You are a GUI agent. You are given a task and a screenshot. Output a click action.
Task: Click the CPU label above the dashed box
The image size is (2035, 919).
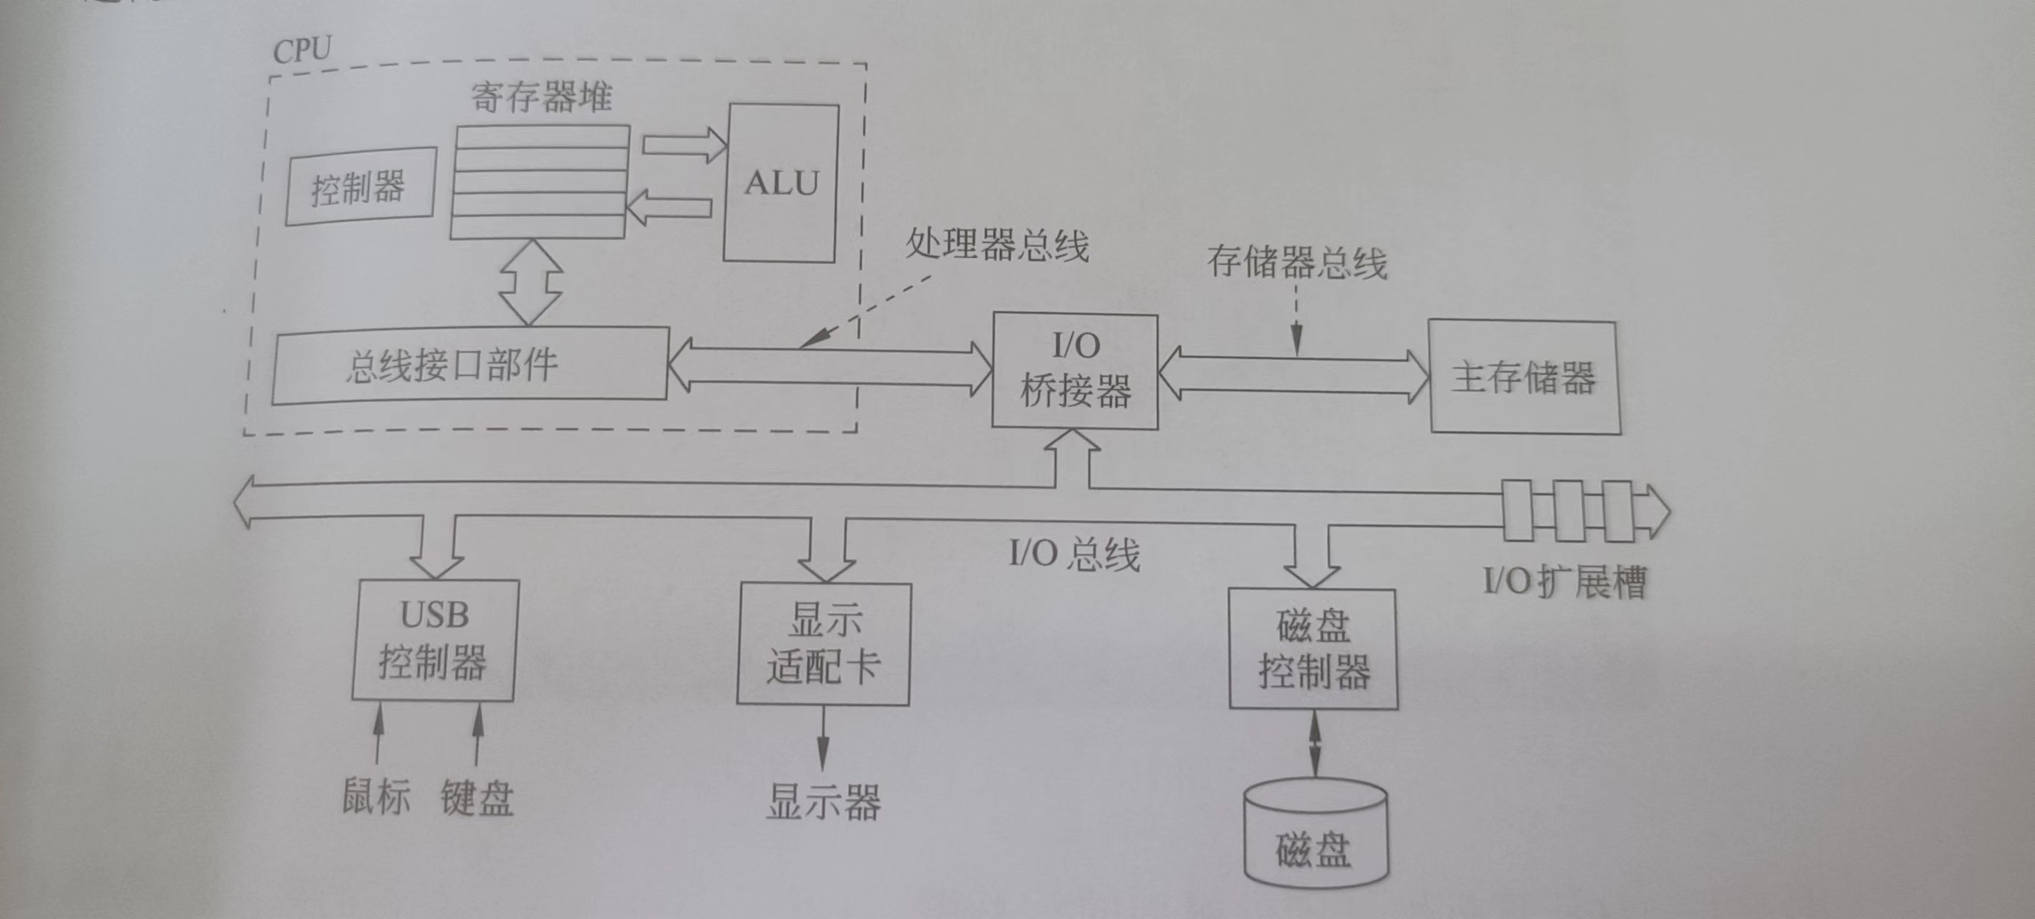click(302, 50)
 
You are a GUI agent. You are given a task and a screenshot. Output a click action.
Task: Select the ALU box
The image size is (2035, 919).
click(781, 182)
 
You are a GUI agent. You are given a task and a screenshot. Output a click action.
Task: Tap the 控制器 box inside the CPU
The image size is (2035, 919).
click(359, 187)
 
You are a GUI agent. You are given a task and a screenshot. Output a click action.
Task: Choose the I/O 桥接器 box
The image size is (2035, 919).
click(1075, 370)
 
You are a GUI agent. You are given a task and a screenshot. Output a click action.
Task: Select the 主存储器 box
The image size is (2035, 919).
click(1524, 377)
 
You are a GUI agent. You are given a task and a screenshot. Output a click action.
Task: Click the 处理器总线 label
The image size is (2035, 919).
click(997, 244)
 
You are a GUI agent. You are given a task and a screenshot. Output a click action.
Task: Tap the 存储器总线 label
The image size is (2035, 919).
click(1297, 262)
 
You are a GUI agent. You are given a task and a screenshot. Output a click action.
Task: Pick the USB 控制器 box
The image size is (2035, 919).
click(433, 640)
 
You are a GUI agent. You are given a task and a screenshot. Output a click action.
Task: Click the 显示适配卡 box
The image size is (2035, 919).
click(823, 644)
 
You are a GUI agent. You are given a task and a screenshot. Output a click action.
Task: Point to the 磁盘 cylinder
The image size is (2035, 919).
click(1315, 838)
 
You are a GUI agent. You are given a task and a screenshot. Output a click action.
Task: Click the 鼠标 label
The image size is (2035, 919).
click(376, 796)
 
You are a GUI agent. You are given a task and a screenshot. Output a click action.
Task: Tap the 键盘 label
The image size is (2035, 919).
click(477, 798)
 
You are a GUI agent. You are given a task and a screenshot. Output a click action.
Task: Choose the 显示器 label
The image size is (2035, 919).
click(823, 801)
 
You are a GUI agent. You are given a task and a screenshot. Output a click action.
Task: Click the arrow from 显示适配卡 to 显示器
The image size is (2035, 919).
click(822, 738)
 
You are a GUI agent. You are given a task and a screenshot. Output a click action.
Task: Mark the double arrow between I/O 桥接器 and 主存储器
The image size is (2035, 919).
click(1294, 375)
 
